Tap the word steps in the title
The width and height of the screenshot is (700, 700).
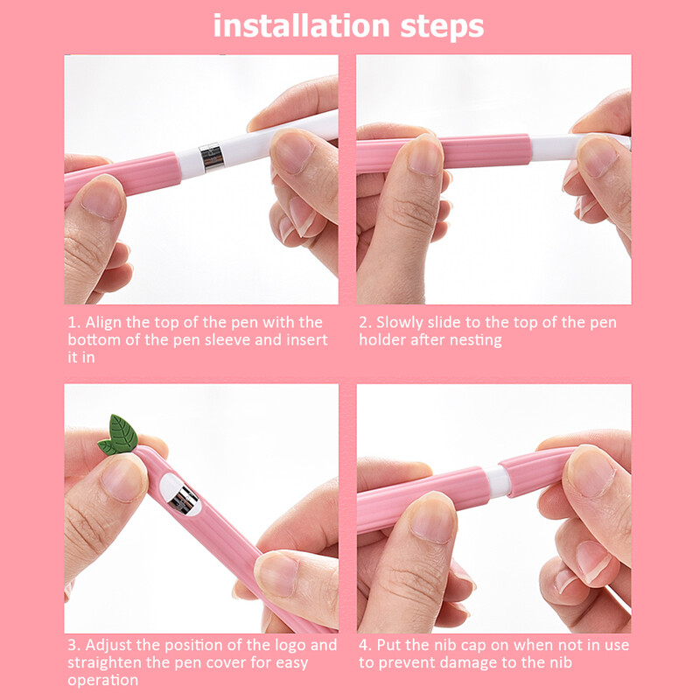click(x=442, y=26)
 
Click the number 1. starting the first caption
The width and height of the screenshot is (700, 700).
click(x=74, y=323)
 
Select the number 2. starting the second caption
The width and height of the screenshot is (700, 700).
click(x=366, y=323)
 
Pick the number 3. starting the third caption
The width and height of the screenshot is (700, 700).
click(x=74, y=646)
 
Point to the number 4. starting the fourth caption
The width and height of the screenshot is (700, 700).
click(x=366, y=646)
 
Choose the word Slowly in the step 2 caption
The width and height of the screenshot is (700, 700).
click(x=404, y=323)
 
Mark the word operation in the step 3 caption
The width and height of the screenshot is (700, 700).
click(x=102, y=680)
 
